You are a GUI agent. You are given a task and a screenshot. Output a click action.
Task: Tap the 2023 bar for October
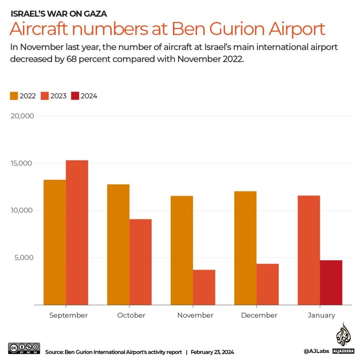[x=140, y=262]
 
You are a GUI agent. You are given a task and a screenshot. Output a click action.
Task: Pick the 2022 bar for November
[x=181, y=250]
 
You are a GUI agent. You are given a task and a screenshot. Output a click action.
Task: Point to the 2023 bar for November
[x=204, y=287]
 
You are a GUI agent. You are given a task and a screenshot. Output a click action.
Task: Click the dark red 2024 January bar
[x=331, y=282]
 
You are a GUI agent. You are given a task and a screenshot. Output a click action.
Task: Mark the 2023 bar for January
[x=309, y=250]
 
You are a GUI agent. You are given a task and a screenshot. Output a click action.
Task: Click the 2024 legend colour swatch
[x=75, y=96]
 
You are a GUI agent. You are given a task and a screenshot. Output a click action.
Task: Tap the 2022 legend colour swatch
[x=14, y=96]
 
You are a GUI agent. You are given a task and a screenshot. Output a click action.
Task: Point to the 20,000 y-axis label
[x=22, y=116]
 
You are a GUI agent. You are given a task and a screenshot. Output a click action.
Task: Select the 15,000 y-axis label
[x=22, y=163]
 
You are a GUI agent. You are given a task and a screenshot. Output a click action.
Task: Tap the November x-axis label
[x=195, y=316]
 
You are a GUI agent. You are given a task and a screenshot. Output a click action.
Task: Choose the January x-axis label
[x=321, y=316]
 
